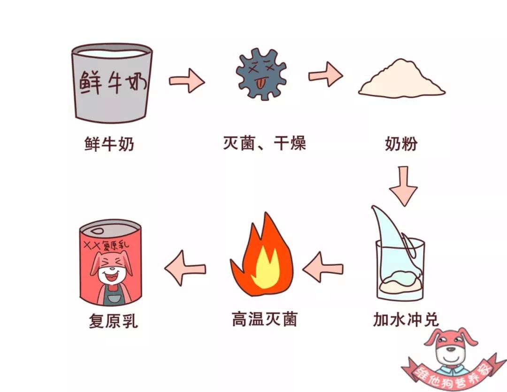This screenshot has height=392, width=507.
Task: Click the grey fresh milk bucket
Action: [112, 85]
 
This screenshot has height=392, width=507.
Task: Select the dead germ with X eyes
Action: [261, 74]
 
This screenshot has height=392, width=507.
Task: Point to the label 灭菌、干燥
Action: [264, 143]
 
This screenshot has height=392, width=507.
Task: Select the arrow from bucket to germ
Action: [186, 81]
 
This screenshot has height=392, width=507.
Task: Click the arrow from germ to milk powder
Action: [325, 74]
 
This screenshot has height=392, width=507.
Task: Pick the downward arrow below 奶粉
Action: [403, 185]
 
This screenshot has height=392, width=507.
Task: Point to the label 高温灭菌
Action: [264, 320]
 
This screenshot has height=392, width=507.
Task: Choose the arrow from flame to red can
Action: [185, 268]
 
